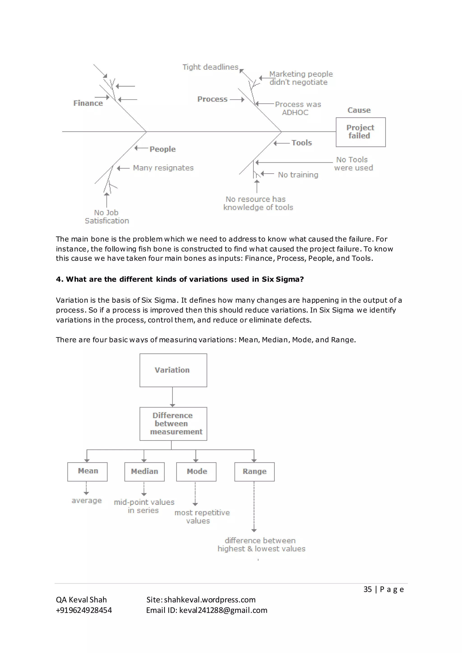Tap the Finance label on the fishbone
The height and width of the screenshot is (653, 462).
tap(88, 103)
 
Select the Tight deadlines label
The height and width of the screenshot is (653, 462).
tap(210, 67)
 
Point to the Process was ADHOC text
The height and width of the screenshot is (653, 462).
tap(298, 108)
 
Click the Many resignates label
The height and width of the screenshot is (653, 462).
tap(163, 168)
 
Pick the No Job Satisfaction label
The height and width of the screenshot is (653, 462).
tap(107, 217)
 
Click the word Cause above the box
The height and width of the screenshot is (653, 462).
tap(359, 110)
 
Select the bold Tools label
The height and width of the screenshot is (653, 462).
tap(302, 143)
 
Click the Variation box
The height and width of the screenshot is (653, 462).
tap(173, 370)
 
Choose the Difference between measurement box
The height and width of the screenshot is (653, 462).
tap(173, 423)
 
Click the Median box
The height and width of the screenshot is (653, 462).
tap(144, 471)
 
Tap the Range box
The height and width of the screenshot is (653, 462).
tap(254, 471)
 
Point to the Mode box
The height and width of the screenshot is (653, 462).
tap(196, 471)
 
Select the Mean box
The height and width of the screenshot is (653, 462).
tap(87, 471)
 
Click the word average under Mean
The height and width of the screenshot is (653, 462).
tap(86, 501)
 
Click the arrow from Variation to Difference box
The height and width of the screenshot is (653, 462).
tap(172, 397)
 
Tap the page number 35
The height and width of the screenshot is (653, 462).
tap(367, 589)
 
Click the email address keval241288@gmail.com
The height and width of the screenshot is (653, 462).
tap(223, 610)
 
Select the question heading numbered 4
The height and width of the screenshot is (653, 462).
tap(180, 279)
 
